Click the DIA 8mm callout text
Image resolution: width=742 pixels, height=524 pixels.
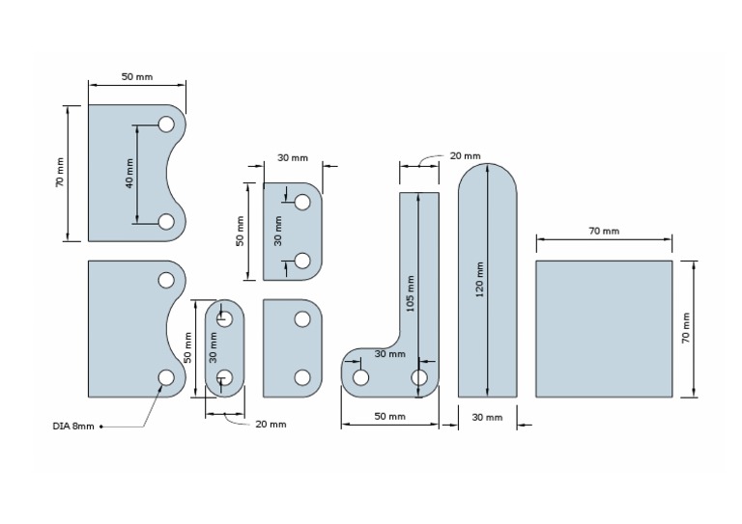[73, 426]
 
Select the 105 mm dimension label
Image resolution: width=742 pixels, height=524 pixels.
[411, 294]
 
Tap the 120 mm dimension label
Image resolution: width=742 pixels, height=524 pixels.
[480, 280]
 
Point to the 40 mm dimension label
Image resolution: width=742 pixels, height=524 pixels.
[129, 173]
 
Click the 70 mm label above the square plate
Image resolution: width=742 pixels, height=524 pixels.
[604, 231]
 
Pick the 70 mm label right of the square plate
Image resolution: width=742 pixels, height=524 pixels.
[686, 328]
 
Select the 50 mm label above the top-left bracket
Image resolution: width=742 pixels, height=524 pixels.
[136, 76]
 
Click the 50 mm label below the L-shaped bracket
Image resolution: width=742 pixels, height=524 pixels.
[389, 417]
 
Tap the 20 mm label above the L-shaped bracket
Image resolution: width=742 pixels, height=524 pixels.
[465, 155]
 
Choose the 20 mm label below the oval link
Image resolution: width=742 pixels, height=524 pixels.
[271, 424]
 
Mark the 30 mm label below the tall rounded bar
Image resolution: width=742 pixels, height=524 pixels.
[487, 417]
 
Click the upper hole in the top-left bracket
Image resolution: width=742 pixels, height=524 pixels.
[166, 124]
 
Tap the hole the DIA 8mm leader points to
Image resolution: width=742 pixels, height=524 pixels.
[166, 377]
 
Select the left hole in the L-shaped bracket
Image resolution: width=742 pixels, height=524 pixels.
[360, 377]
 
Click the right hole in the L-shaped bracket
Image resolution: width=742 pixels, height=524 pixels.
[420, 377]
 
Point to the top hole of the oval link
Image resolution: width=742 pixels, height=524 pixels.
[225, 318]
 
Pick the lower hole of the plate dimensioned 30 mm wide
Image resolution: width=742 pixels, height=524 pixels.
[302, 261]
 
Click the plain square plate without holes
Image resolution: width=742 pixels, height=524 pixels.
[604, 328]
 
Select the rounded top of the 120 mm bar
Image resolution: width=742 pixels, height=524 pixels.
[487, 179]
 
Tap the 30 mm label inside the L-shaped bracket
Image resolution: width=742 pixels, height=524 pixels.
[389, 354]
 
